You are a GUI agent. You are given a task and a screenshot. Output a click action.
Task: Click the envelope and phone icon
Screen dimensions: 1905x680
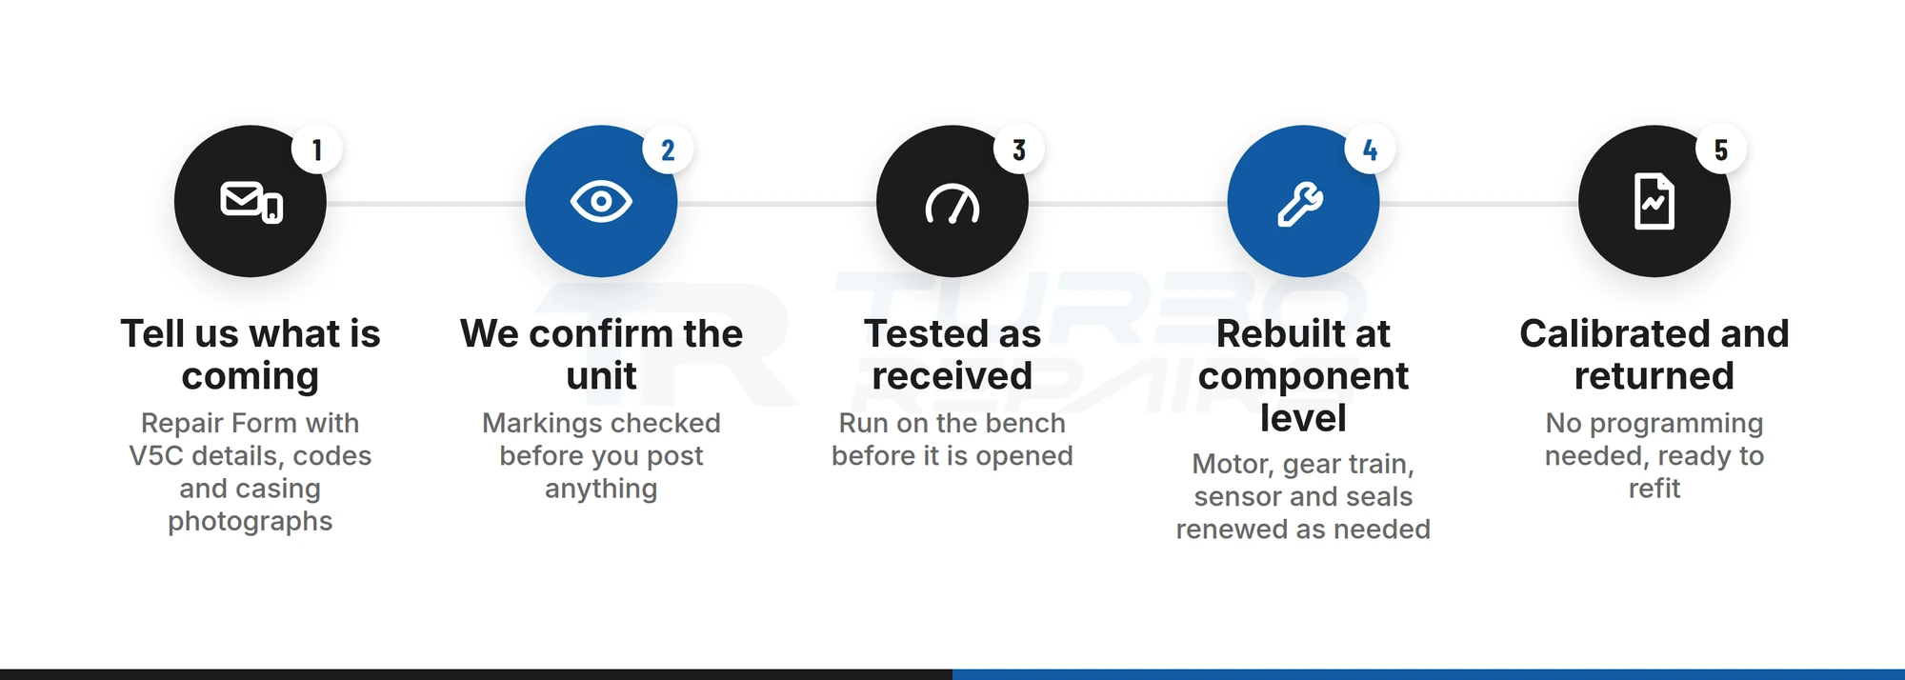click(251, 202)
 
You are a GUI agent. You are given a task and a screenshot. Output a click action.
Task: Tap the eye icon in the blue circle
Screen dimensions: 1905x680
click(601, 202)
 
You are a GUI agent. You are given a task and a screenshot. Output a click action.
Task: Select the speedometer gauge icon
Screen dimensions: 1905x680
click(952, 204)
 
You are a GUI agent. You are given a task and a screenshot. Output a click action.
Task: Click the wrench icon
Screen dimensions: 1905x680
click(1301, 203)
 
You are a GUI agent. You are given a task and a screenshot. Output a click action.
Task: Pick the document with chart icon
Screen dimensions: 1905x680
click(1654, 201)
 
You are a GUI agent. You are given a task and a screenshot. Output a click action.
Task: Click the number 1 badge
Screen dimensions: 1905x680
click(317, 150)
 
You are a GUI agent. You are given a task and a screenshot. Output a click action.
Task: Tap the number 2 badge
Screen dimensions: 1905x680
click(668, 150)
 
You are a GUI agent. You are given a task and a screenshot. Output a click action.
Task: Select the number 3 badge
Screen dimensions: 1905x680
click(1019, 150)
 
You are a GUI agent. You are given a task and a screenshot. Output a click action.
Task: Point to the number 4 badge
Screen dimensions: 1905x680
click(1370, 150)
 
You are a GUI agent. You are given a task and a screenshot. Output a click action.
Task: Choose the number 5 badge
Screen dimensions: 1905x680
click(1721, 150)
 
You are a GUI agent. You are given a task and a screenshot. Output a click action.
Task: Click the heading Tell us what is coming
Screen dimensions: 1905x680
click(251, 354)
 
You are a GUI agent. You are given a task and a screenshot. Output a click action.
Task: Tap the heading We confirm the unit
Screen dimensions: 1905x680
click(601, 354)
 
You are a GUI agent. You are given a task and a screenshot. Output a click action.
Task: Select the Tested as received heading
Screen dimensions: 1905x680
click(952, 354)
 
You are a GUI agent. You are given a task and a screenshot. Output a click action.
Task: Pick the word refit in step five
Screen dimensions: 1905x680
click(1654, 489)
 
